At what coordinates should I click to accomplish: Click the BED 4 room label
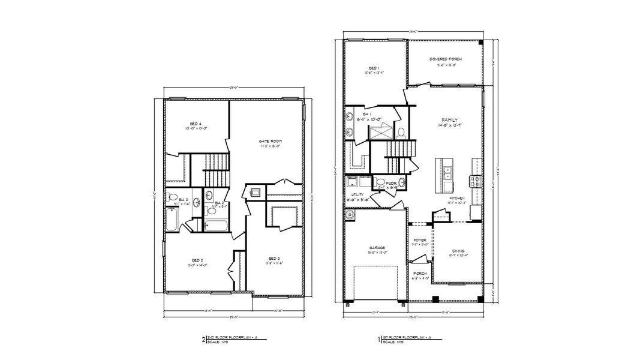[196, 124]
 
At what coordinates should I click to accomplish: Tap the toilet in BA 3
[172, 199]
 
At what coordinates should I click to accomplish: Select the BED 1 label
[374, 68]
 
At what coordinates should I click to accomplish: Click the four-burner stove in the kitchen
[476, 181]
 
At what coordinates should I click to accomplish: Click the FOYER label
[420, 240]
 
